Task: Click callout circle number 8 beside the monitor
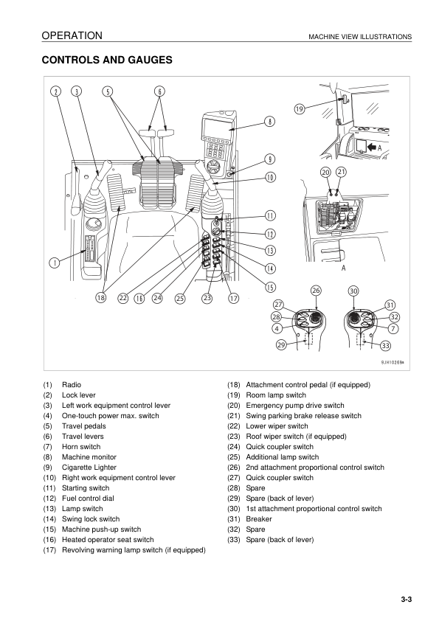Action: coord(269,122)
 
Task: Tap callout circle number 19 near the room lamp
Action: coord(300,108)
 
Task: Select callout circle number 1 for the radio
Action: coord(55,262)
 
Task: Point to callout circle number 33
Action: coord(386,345)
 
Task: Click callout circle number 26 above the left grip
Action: coord(316,291)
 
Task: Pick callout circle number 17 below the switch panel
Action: coord(234,298)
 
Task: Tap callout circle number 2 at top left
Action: coord(56,91)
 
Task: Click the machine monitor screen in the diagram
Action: coord(216,126)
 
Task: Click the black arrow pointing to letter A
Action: coord(371,148)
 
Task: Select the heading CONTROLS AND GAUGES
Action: coord(107,60)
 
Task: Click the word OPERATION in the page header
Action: coord(72,35)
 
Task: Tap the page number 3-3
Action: coord(406,599)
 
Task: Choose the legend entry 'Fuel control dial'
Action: coord(88,499)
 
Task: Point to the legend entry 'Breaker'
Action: coord(259,518)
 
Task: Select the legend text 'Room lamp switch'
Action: coord(276,395)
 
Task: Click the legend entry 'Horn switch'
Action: coord(81,447)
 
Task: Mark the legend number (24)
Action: coord(234,447)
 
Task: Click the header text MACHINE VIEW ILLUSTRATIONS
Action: coord(360,37)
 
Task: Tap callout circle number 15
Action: coord(270,287)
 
